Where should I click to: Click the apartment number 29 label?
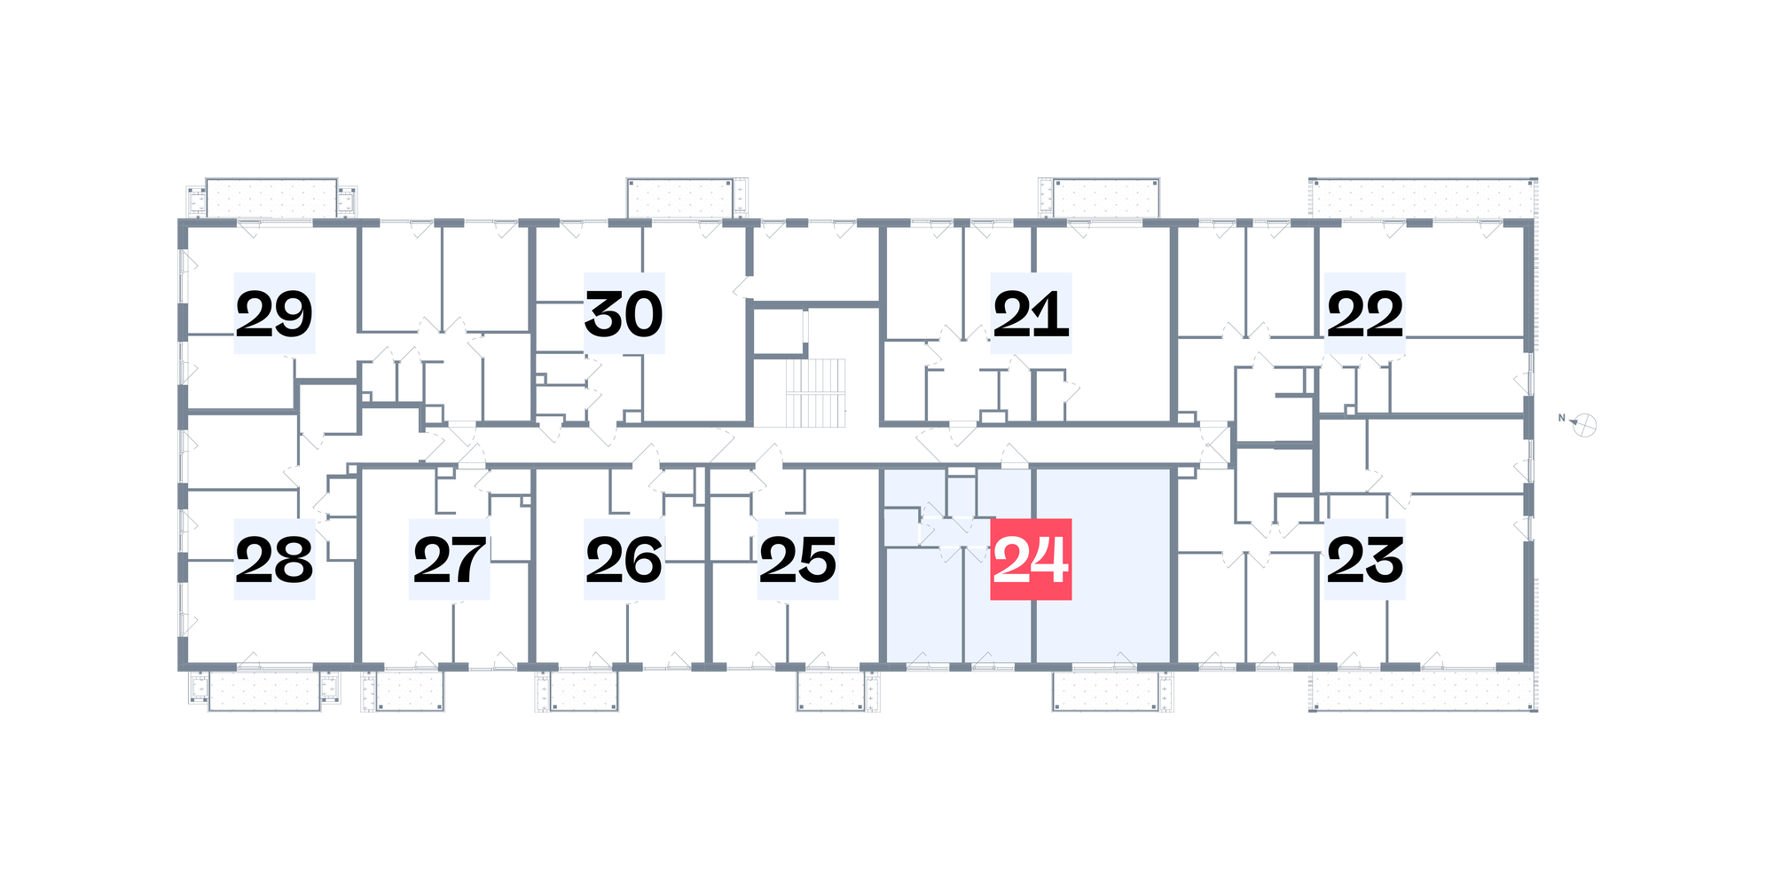pyautogui.click(x=274, y=313)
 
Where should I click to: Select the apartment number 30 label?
pyautogui.click(x=624, y=313)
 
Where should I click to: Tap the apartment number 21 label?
pyautogui.click(x=1031, y=313)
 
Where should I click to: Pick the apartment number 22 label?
pyautogui.click(x=1365, y=313)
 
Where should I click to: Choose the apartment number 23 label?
pyautogui.click(x=1365, y=559)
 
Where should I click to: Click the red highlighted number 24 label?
pyautogui.click(x=1031, y=559)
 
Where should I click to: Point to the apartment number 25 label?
pyautogui.click(x=798, y=559)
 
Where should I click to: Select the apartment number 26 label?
pyautogui.click(x=624, y=559)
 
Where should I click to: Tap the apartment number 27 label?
pyautogui.click(x=449, y=559)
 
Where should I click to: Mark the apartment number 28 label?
pyautogui.click(x=274, y=559)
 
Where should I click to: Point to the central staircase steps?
pyautogui.click(x=816, y=392)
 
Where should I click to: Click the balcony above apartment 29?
pyautogui.click(x=271, y=199)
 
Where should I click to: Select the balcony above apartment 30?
pyautogui.click(x=680, y=198)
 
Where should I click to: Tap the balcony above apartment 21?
pyautogui.click(x=1106, y=198)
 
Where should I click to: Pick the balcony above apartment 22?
pyautogui.click(x=1423, y=198)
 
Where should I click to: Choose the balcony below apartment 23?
pyautogui.click(x=1423, y=690)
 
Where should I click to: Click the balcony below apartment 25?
pyautogui.click(x=830, y=690)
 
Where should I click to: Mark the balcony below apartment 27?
pyautogui.click(x=409, y=690)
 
